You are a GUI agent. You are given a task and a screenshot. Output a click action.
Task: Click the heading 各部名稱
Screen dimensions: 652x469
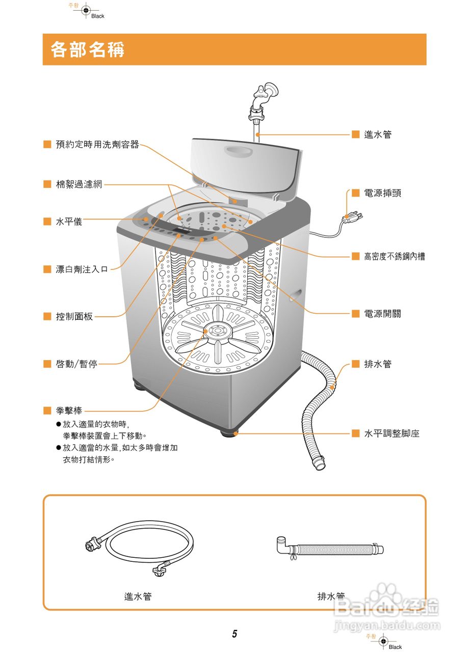click(x=88, y=50)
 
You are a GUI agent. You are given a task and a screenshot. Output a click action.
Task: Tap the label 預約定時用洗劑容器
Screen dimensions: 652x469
click(x=97, y=145)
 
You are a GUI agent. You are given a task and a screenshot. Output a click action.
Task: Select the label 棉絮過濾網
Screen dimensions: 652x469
click(x=79, y=184)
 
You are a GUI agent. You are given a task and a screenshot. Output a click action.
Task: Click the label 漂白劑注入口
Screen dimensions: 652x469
click(x=82, y=269)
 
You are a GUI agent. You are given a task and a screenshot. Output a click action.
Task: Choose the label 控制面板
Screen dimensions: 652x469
click(x=74, y=316)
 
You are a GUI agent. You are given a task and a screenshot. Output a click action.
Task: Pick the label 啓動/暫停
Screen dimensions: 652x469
click(x=76, y=364)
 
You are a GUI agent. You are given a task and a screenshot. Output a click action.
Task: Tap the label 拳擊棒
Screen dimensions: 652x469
click(x=69, y=411)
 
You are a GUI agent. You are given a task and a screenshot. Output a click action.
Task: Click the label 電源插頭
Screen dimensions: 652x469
click(x=382, y=193)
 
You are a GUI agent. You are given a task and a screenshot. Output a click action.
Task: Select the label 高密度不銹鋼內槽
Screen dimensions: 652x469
click(x=394, y=257)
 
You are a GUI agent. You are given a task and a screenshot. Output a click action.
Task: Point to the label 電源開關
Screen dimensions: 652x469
click(x=382, y=314)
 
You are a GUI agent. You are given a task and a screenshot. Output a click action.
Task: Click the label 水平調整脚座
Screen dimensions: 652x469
click(x=392, y=434)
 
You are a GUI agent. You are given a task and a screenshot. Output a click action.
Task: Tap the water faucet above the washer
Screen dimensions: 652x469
click(x=264, y=96)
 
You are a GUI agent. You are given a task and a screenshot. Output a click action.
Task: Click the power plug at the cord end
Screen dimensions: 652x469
click(x=352, y=218)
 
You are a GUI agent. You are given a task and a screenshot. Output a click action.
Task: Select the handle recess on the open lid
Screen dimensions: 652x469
click(x=239, y=151)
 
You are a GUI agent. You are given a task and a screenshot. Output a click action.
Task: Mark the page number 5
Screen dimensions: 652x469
click(x=234, y=634)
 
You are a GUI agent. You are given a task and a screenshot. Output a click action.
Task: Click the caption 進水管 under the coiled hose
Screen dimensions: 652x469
click(x=138, y=596)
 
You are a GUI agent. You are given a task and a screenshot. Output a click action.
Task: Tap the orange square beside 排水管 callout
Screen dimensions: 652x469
click(x=355, y=364)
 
